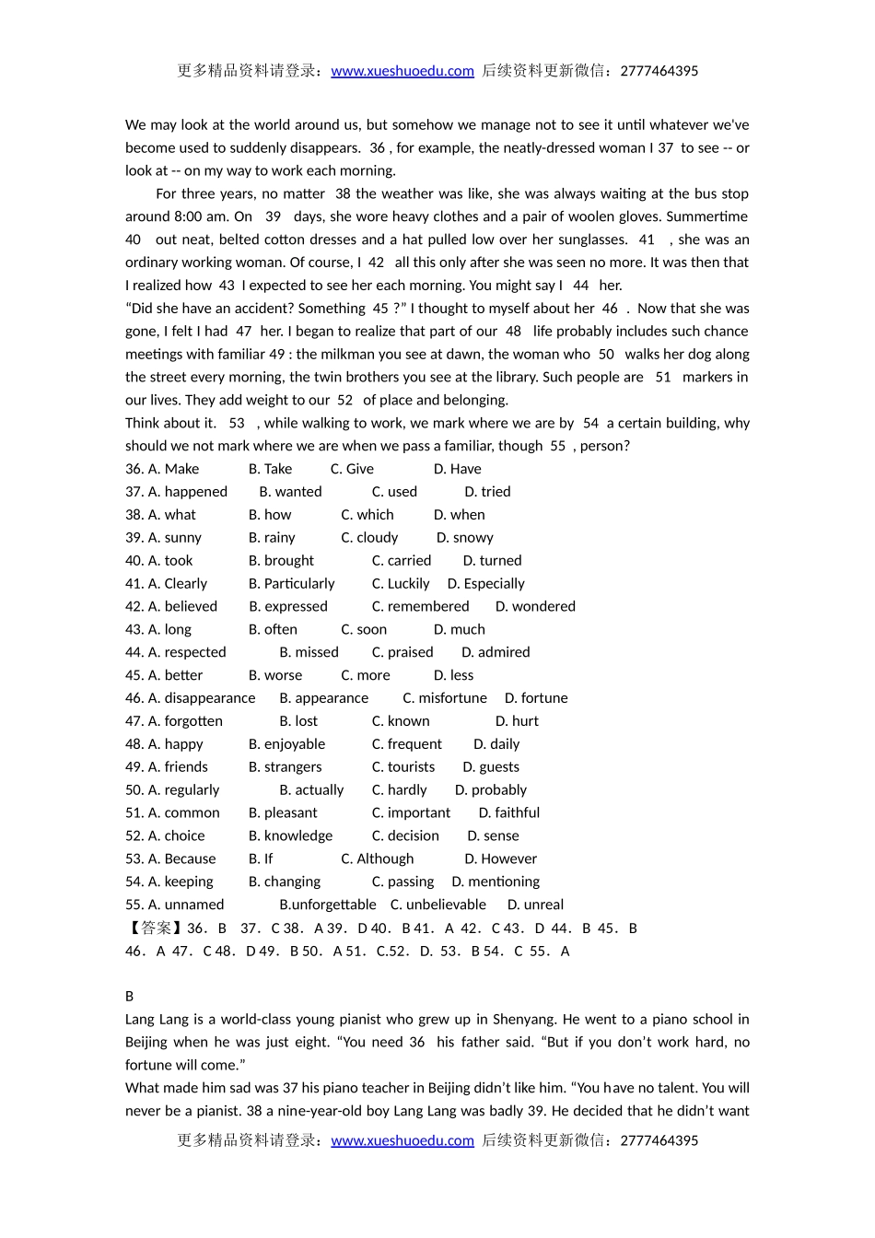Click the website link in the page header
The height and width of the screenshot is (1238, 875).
(x=402, y=71)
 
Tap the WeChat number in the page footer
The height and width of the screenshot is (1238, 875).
(x=659, y=1140)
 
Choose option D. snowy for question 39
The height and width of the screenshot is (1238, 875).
(x=465, y=537)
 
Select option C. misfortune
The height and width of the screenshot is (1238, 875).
(x=445, y=698)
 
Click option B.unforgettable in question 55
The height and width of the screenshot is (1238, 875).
(x=328, y=905)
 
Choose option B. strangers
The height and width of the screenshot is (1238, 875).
(x=286, y=766)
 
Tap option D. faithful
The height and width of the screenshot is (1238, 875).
(x=509, y=812)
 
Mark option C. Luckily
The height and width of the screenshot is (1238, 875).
(x=401, y=583)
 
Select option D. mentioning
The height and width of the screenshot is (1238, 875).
(x=496, y=882)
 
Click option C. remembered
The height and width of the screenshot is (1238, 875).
(x=420, y=606)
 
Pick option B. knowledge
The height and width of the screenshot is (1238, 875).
(x=290, y=835)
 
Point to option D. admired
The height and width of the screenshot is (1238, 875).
(x=496, y=652)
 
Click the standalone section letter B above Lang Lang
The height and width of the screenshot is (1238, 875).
(x=130, y=996)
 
